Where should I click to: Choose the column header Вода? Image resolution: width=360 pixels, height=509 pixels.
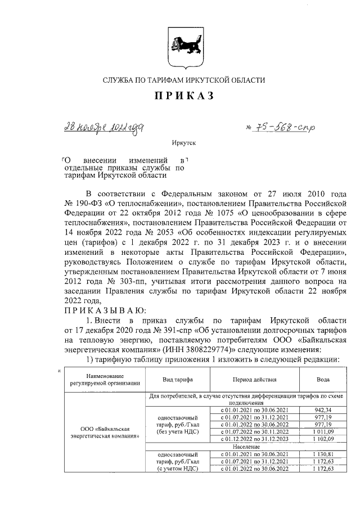point(323,380)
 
